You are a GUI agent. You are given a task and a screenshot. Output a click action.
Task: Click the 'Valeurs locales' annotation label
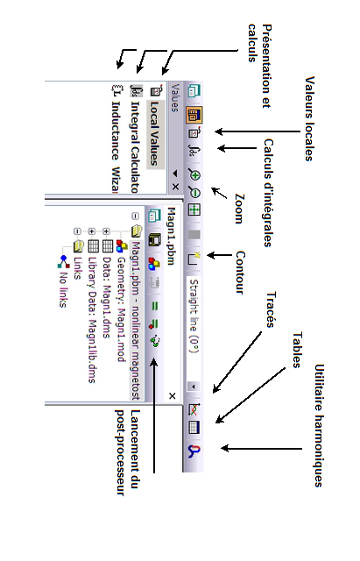pyautogui.click(x=309, y=118)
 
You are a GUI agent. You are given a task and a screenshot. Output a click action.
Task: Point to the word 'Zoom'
pyautogui.click(x=239, y=209)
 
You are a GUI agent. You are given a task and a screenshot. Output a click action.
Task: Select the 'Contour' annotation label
pyautogui.click(x=240, y=273)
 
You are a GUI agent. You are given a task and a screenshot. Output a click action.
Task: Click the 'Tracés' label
pyautogui.click(x=271, y=309)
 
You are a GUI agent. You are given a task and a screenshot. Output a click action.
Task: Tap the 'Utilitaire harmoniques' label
pyautogui.click(x=319, y=425)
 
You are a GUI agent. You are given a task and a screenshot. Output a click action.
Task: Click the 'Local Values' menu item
pyautogui.click(x=154, y=133)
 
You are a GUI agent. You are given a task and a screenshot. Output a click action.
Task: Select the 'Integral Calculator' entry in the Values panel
pyautogui.click(x=135, y=147)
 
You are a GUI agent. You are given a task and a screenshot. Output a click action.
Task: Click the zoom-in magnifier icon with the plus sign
pyautogui.click(x=194, y=175)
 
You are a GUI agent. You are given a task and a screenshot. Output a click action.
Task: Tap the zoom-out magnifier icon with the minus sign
pyautogui.click(x=194, y=193)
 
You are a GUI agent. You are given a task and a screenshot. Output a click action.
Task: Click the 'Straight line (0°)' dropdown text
pyautogui.click(x=194, y=316)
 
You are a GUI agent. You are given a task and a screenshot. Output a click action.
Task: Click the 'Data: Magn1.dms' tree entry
pyautogui.click(x=107, y=298)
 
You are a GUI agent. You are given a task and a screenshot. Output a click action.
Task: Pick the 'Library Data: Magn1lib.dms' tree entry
pyautogui.click(x=92, y=320)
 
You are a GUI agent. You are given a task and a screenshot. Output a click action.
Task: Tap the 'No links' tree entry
pyautogui.click(x=63, y=289)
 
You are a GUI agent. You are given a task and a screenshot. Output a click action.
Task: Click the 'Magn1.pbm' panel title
pyautogui.click(x=171, y=236)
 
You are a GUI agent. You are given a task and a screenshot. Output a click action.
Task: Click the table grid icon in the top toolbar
pyautogui.click(x=194, y=427)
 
